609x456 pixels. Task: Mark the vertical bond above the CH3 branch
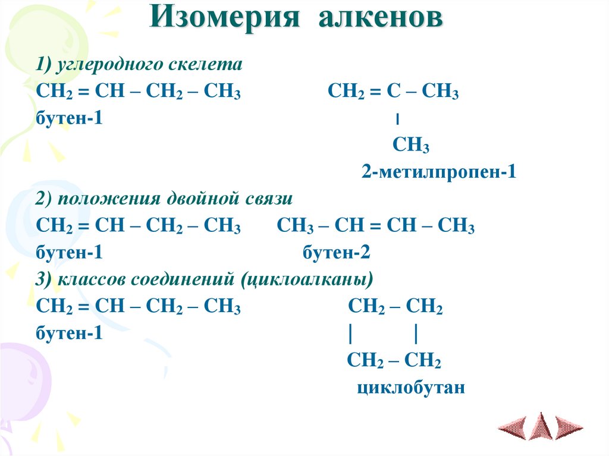pos(397,120)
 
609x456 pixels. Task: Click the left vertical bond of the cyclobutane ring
pos(352,334)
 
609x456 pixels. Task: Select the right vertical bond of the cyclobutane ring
pos(415,334)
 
